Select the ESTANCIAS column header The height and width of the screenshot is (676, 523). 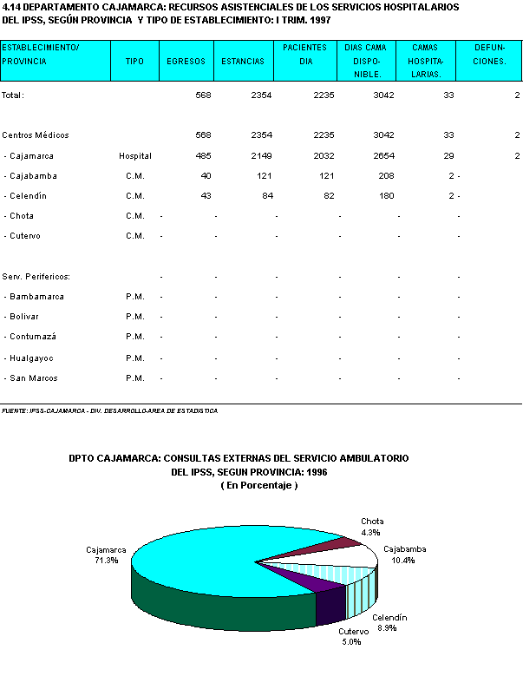tap(242, 62)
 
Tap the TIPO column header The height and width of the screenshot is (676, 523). tap(134, 62)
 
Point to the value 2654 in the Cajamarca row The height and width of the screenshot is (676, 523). tap(381, 156)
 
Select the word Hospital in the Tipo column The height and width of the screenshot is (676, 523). tap(135, 156)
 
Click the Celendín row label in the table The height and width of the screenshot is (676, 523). tap(25, 196)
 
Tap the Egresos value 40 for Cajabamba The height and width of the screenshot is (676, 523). tap(206, 176)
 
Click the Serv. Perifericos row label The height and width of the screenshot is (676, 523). tap(36, 277)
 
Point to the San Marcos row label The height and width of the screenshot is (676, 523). tap(29, 378)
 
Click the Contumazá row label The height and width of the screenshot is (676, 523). tap(29, 338)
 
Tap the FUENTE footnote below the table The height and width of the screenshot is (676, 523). tap(109, 410)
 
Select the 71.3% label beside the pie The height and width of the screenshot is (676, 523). tap(107, 561)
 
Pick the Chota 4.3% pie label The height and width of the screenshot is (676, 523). tap(372, 527)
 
